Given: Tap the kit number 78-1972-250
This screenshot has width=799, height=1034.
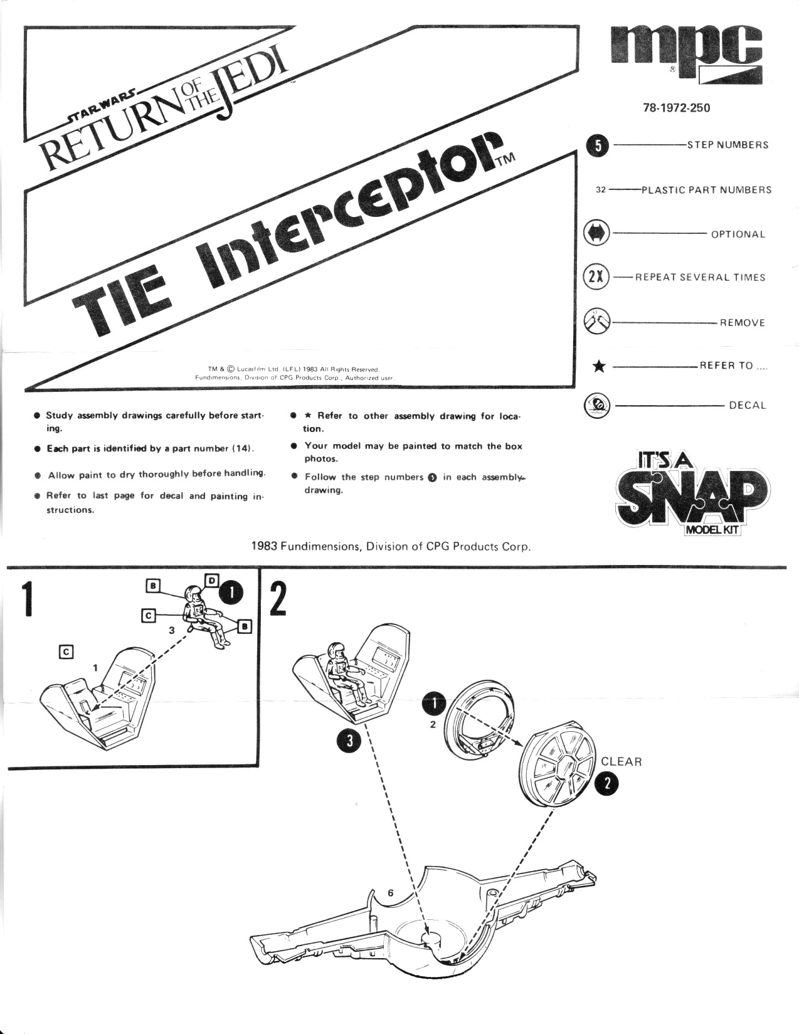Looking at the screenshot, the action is [677, 108].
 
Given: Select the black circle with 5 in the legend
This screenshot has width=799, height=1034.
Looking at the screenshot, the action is [599, 145].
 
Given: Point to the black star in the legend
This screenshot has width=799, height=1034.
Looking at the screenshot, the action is [599, 367].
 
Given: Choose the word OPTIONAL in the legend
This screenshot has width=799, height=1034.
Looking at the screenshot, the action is [738, 235].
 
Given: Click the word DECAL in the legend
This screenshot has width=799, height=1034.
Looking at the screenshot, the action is [747, 405].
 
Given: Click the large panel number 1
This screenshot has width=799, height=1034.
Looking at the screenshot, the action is [27, 599].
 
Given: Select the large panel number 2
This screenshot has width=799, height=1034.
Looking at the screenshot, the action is [277, 599].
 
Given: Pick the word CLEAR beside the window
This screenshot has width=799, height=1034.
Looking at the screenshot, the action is [621, 762].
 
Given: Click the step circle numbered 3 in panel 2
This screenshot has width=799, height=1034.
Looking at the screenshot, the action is [349, 741].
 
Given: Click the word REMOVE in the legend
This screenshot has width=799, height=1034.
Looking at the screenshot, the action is [743, 323].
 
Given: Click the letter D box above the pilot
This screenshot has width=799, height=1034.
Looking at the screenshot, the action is [212, 580].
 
